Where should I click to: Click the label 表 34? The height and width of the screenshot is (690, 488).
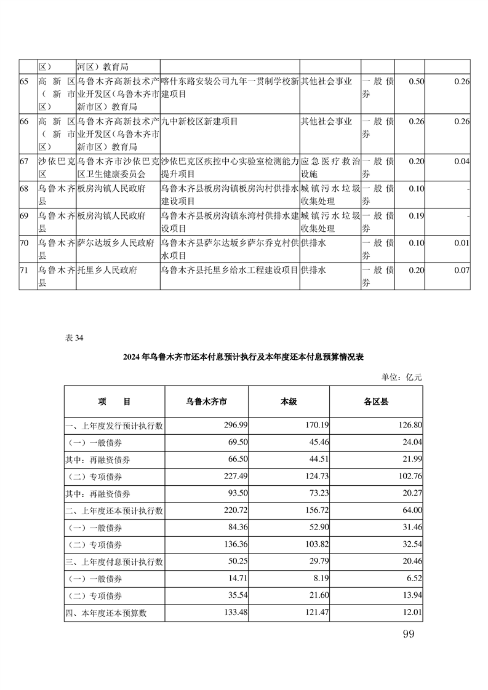pos(73,338)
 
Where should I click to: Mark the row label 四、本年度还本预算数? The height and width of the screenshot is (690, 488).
pos(108,613)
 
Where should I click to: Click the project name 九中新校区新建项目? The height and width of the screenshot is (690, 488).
pos(194,121)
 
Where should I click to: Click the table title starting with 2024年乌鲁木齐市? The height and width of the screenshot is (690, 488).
pos(243,357)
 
